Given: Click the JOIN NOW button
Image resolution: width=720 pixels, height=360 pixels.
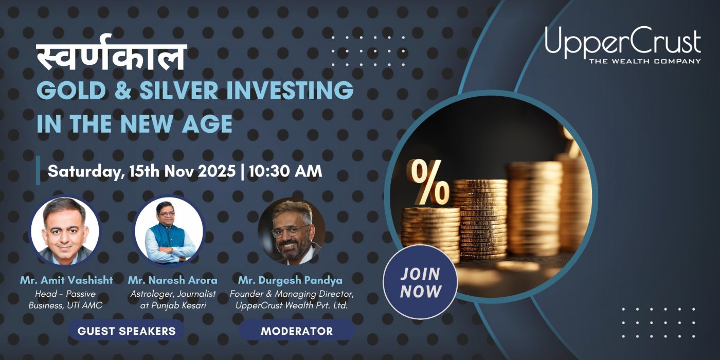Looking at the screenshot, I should coord(420,282).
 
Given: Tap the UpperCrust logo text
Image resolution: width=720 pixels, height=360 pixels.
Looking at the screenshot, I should coord(623,42).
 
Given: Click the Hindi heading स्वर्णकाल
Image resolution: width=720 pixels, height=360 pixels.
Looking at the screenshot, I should coord(111,58).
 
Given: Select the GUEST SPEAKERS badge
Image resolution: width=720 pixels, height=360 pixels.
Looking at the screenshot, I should coord(127,331).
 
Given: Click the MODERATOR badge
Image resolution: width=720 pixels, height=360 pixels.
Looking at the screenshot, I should coord(297,331).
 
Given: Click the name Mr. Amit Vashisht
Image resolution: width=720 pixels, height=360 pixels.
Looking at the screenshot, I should coord(66,280).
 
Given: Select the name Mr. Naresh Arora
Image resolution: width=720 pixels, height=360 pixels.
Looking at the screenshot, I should coord(173,280).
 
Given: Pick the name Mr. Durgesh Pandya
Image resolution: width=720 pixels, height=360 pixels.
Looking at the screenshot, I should coord(290,280).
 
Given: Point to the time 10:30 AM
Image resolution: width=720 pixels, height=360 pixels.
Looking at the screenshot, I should coord(285,171).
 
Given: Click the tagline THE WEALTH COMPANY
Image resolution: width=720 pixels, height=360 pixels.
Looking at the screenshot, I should coord(644,61).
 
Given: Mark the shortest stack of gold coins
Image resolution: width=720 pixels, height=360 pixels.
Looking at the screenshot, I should coord(429,231).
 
